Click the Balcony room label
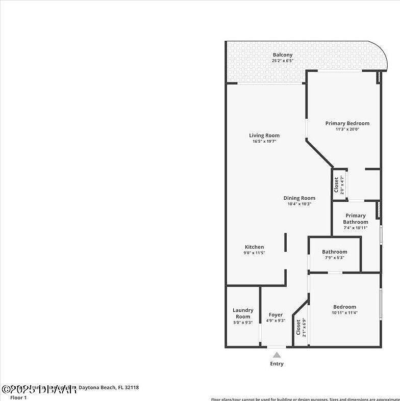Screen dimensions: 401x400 coord(282,55)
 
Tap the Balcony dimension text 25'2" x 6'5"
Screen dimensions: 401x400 coord(282,61)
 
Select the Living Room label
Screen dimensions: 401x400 coord(264,136)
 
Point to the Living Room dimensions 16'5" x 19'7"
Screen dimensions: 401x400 coord(264,142)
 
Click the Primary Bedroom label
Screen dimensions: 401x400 coord(347,123)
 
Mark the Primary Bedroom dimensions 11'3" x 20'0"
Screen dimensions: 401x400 coord(347,129)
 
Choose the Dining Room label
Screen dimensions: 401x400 coord(299,198)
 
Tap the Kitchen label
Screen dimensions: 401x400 coord(254,247)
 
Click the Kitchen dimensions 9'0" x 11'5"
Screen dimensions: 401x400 coord(254,253)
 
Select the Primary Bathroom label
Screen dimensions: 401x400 coord(355,219)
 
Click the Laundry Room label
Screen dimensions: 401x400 coord(243,313)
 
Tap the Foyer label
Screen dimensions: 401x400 coord(276,315)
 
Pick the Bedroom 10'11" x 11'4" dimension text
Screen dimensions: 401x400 coord(344,313)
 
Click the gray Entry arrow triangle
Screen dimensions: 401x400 coord(277,355)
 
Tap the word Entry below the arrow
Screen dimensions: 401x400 coord(277,364)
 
